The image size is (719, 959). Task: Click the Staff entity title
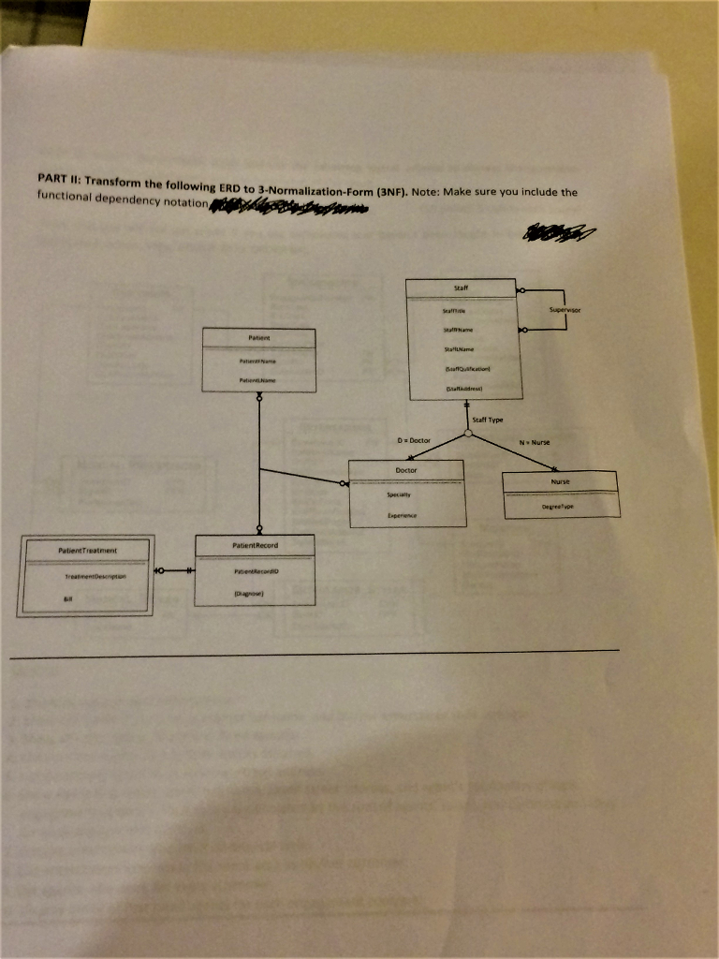click(460, 287)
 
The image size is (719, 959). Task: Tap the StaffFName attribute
click(460, 330)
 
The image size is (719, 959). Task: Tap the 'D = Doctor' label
click(413, 439)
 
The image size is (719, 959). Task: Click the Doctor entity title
click(406, 469)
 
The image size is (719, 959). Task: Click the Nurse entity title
click(561, 481)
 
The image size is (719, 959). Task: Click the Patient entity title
click(258, 335)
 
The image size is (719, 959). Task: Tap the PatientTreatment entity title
click(86, 551)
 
